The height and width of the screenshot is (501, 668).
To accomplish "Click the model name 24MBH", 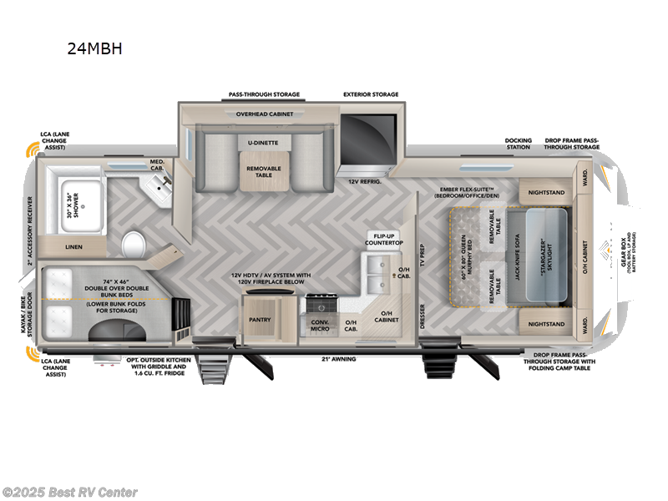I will pyautogui.click(x=95, y=48).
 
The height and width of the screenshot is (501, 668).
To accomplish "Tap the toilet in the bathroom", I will pyautogui.click(x=134, y=245).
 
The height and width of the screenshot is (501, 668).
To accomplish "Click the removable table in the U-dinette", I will pyautogui.click(x=263, y=170).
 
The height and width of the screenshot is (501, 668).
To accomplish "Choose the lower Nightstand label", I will pyautogui.click(x=548, y=323).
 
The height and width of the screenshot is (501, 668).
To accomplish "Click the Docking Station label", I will pyautogui.click(x=518, y=143).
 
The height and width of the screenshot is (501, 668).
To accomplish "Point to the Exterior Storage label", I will pyautogui.click(x=371, y=94).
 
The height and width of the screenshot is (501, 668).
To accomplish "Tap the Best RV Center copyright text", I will pyautogui.click(x=70, y=493).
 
